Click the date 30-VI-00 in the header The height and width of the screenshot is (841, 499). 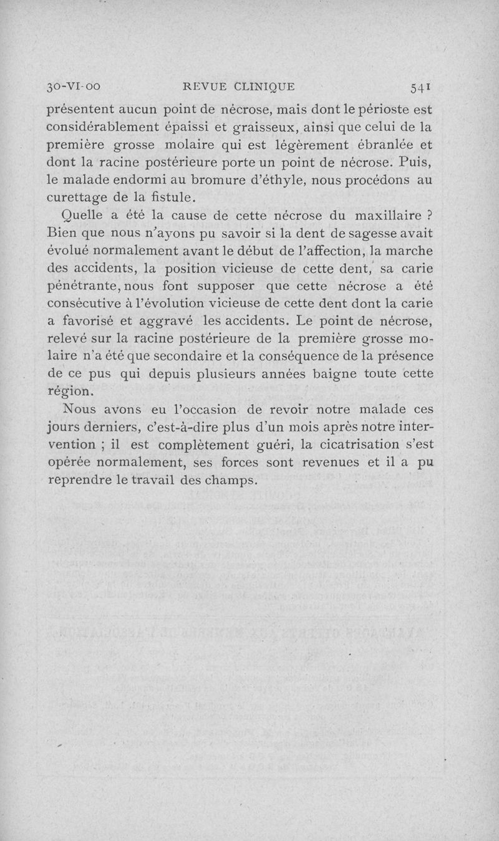click(74, 87)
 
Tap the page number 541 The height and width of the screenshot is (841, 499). click(419, 87)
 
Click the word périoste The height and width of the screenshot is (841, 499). click(385, 110)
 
